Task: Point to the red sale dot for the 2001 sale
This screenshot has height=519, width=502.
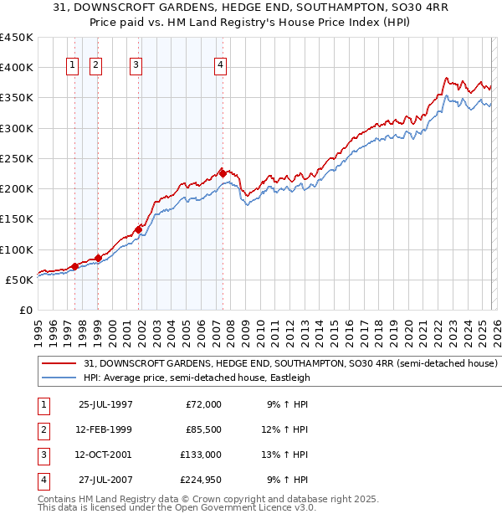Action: pyautogui.click(x=138, y=229)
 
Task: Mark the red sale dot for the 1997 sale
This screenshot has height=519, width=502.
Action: pyautogui.click(x=75, y=266)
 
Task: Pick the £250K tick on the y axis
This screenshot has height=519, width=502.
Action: pyautogui.click(x=17, y=158)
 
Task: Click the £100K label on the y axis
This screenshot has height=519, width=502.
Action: pyautogui.click(x=17, y=249)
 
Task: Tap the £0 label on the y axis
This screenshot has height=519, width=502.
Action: pyautogui.click(x=25, y=310)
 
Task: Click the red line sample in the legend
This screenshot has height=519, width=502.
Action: pyautogui.click(x=59, y=364)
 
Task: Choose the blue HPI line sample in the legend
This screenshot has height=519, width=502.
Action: pyautogui.click(x=59, y=378)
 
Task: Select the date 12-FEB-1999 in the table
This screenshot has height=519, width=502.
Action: pyautogui.click(x=105, y=429)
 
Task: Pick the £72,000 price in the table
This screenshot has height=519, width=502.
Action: pyautogui.click(x=203, y=404)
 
